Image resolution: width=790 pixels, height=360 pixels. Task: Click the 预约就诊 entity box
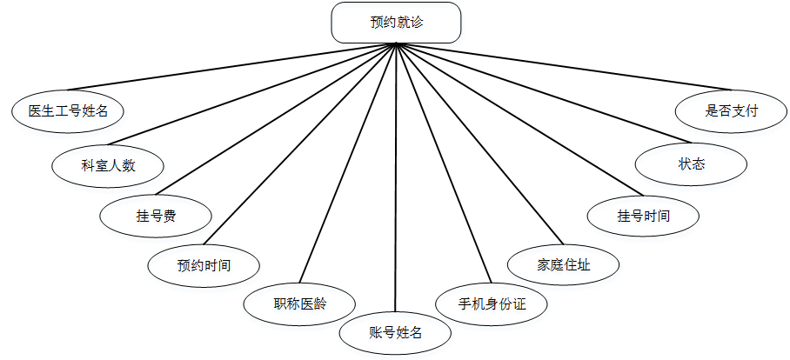[x=396, y=23]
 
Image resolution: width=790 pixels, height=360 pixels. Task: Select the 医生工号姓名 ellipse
[x=68, y=110]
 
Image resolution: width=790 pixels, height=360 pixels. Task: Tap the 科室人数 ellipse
[x=108, y=164]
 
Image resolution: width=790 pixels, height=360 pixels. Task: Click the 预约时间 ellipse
[x=204, y=263]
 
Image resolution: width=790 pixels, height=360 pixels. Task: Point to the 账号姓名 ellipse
[x=395, y=332]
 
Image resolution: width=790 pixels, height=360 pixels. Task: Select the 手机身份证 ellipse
[x=492, y=304]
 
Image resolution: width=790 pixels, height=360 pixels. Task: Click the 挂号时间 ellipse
[x=644, y=215]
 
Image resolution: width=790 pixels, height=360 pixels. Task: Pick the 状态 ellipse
[x=692, y=164]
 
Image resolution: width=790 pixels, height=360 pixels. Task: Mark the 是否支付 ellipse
[x=732, y=110]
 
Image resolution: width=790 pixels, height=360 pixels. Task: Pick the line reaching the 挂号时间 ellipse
[x=513, y=117]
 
